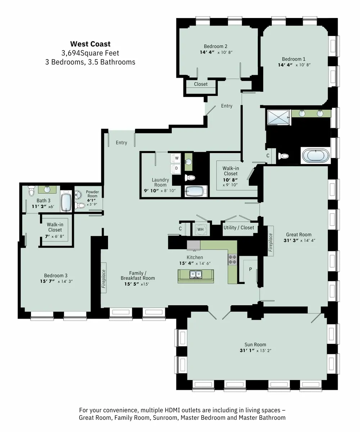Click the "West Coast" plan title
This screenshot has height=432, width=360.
(90, 44)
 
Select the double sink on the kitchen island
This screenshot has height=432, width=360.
(196, 274)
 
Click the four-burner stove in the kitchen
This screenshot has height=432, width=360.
(232, 260)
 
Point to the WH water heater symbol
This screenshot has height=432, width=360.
(200, 229)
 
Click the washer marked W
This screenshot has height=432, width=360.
(176, 158)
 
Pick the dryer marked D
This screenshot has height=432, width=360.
(176, 168)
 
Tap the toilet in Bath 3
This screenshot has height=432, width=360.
(31, 190)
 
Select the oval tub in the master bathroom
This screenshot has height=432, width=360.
(315, 156)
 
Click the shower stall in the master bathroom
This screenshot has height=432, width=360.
(279, 117)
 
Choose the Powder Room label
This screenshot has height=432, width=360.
(92, 194)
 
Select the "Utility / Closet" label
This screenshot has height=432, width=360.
(239, 228)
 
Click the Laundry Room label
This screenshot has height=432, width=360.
(160, 182)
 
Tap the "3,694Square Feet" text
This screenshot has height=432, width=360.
(90, 53)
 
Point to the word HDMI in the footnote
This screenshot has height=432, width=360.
(172, 410)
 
